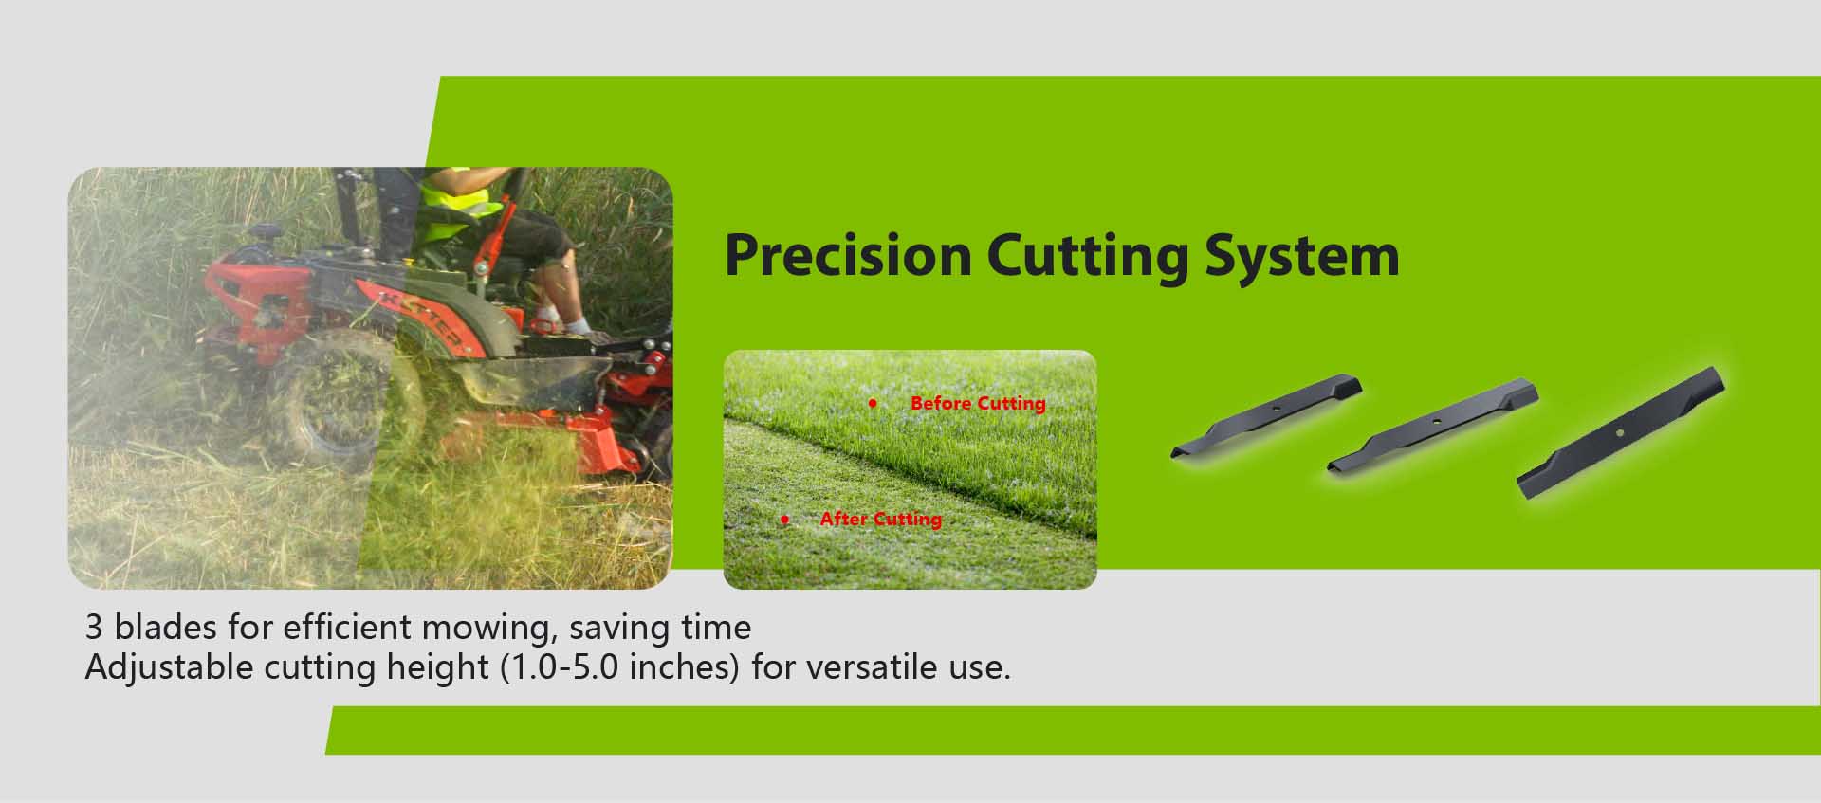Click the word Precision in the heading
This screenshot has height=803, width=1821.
(x=849, y=255)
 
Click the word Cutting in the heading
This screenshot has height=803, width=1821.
(x=1087, y=257)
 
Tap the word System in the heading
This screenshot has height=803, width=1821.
(x=1301, y=257)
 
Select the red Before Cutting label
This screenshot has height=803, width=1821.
(x=978, y=403)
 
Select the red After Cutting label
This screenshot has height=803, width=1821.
(x=881, y=519)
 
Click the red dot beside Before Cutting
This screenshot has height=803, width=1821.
(x=873, y=404)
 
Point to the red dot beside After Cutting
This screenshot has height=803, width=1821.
(x=784, y=520)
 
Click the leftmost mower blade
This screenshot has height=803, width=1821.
(x=1267, y=415)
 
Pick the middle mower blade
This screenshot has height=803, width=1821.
(x=1432, y=427)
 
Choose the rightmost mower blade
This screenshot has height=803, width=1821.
(x=1621, y=432)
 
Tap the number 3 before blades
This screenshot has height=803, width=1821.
(x=94, y=628)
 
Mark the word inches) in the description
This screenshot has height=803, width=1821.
(x=684, y=668)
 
